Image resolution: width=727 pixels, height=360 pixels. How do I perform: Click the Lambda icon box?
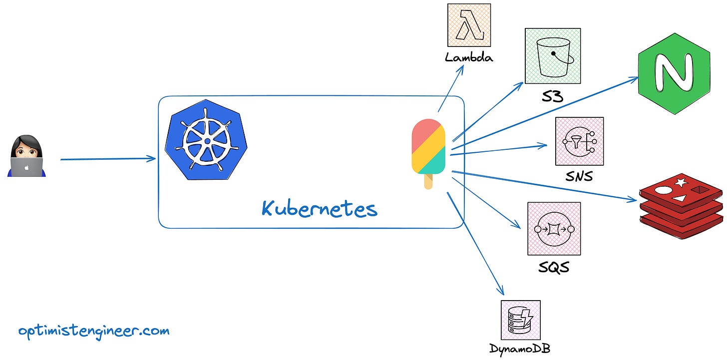468,25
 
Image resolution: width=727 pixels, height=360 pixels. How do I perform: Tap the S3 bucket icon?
552,56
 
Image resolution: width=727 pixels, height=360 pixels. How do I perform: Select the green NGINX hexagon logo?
674,73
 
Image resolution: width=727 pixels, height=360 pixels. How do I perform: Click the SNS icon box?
579,141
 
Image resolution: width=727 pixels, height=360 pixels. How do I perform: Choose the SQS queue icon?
554,229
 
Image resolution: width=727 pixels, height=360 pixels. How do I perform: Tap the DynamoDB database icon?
520,320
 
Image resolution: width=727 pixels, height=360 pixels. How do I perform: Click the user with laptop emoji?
27,156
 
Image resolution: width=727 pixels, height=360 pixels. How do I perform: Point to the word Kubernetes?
319,208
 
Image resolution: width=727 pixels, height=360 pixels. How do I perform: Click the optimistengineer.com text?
94,331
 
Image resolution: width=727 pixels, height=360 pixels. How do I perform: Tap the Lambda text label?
468,57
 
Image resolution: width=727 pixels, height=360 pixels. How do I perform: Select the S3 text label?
552,96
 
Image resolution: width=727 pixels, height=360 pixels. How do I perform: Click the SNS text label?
580,175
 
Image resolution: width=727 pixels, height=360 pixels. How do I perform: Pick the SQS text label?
554,267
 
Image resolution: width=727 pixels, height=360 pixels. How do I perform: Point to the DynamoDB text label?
520,348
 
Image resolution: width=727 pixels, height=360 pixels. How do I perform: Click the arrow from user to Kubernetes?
107,159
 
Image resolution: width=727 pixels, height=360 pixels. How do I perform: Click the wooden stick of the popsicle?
428,182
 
